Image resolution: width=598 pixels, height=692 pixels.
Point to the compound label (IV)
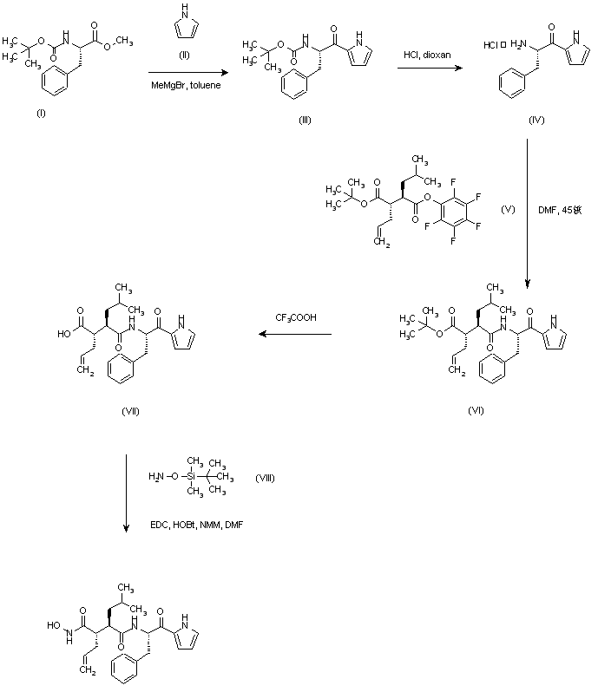coord(536,119)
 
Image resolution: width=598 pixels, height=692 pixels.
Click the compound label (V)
coord(509,209)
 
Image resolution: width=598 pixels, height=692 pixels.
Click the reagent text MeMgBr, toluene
coord(183,84)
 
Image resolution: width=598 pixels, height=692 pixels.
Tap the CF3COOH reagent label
coord(297,318)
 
